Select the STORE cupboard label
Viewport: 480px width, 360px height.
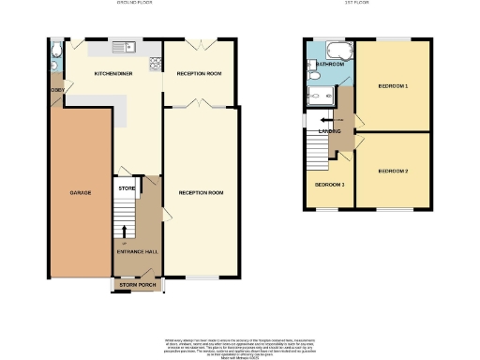tap(126, 188)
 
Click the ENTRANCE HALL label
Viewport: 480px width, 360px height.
tap(135, 253)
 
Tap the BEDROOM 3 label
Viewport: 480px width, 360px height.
tap(329, 185)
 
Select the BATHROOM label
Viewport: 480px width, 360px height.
tap(329, 64)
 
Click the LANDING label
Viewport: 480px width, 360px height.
tap(330, 131)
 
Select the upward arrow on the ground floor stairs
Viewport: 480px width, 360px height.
tap(126, 231)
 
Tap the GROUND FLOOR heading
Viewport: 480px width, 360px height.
tap(133, 5)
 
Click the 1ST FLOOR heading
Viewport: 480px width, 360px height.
tap(368, 5)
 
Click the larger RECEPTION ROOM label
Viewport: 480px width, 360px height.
tap(202, 192)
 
